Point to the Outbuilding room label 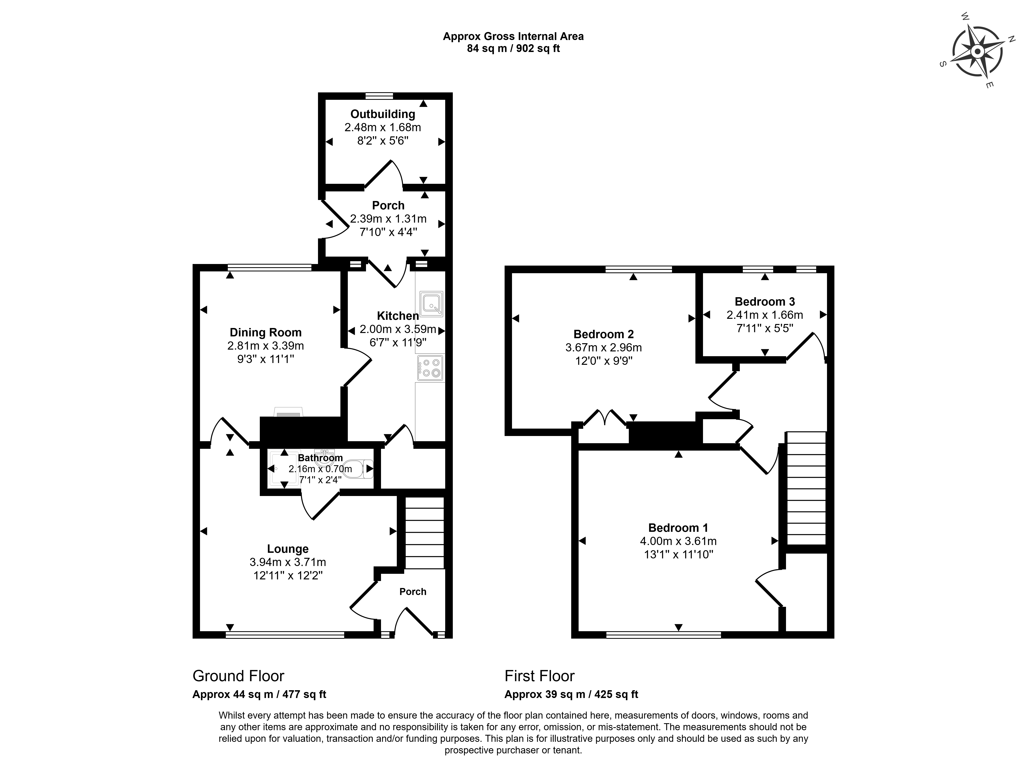383,114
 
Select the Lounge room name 288,549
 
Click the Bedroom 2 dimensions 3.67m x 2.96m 604,347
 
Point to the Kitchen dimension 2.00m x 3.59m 398,330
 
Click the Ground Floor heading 238,676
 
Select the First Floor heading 540,676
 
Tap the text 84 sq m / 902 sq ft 513,48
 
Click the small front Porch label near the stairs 413,592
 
